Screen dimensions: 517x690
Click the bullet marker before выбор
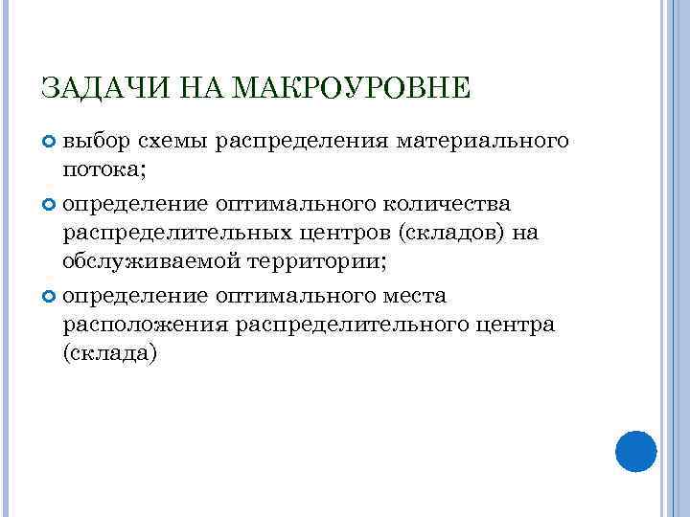click(50, 142)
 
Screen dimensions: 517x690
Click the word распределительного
click(358, 324)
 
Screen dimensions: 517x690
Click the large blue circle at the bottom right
click(634, 450)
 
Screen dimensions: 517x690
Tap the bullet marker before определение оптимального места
click(50, 295)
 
